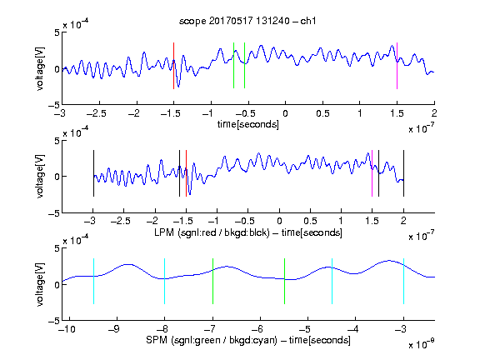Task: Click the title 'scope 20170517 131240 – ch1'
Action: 247,21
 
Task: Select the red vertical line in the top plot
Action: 173,66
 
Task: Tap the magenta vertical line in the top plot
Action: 397,66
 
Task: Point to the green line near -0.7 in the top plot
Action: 233,66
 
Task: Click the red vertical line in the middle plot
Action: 186,173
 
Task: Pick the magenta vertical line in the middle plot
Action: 372,173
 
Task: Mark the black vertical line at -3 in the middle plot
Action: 93,173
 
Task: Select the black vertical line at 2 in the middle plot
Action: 403,173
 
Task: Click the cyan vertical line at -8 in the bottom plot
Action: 165,282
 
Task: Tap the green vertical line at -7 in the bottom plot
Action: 212,282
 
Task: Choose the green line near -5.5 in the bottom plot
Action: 284,282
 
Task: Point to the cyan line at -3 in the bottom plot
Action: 403,282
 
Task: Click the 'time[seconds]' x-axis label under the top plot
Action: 248,124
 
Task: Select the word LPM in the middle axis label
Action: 164,232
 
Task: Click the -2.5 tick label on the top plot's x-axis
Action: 97,114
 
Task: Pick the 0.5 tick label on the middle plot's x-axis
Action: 310,221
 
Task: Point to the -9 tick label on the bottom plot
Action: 114,329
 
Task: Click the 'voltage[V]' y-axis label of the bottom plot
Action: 40,284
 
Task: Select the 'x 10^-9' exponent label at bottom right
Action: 422,344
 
